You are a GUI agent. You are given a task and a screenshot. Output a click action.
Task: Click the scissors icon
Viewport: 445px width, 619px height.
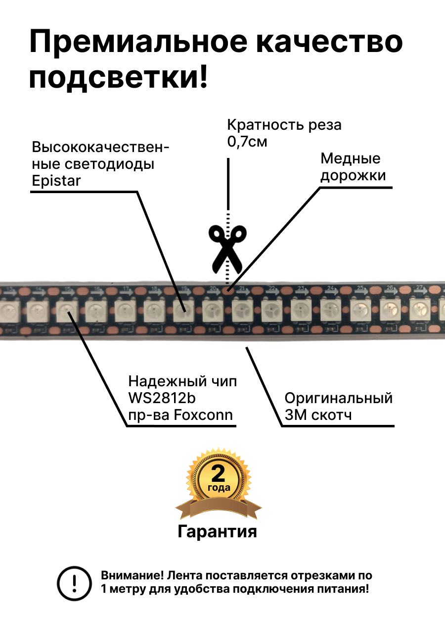227,249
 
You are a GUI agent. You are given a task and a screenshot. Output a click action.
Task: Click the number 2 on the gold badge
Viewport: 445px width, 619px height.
218,473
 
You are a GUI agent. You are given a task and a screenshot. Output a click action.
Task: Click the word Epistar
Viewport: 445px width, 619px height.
55,181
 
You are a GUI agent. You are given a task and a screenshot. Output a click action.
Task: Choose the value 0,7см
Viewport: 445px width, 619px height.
247,142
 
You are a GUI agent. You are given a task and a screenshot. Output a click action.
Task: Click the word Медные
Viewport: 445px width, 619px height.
351,158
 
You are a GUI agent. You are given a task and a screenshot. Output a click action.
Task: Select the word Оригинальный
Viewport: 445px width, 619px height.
339,398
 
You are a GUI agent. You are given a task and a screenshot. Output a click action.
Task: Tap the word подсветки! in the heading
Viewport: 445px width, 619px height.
119,78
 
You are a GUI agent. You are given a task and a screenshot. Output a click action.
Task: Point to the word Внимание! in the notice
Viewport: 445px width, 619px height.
133,576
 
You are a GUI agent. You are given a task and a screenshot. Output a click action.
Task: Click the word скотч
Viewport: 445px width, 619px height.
332,415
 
